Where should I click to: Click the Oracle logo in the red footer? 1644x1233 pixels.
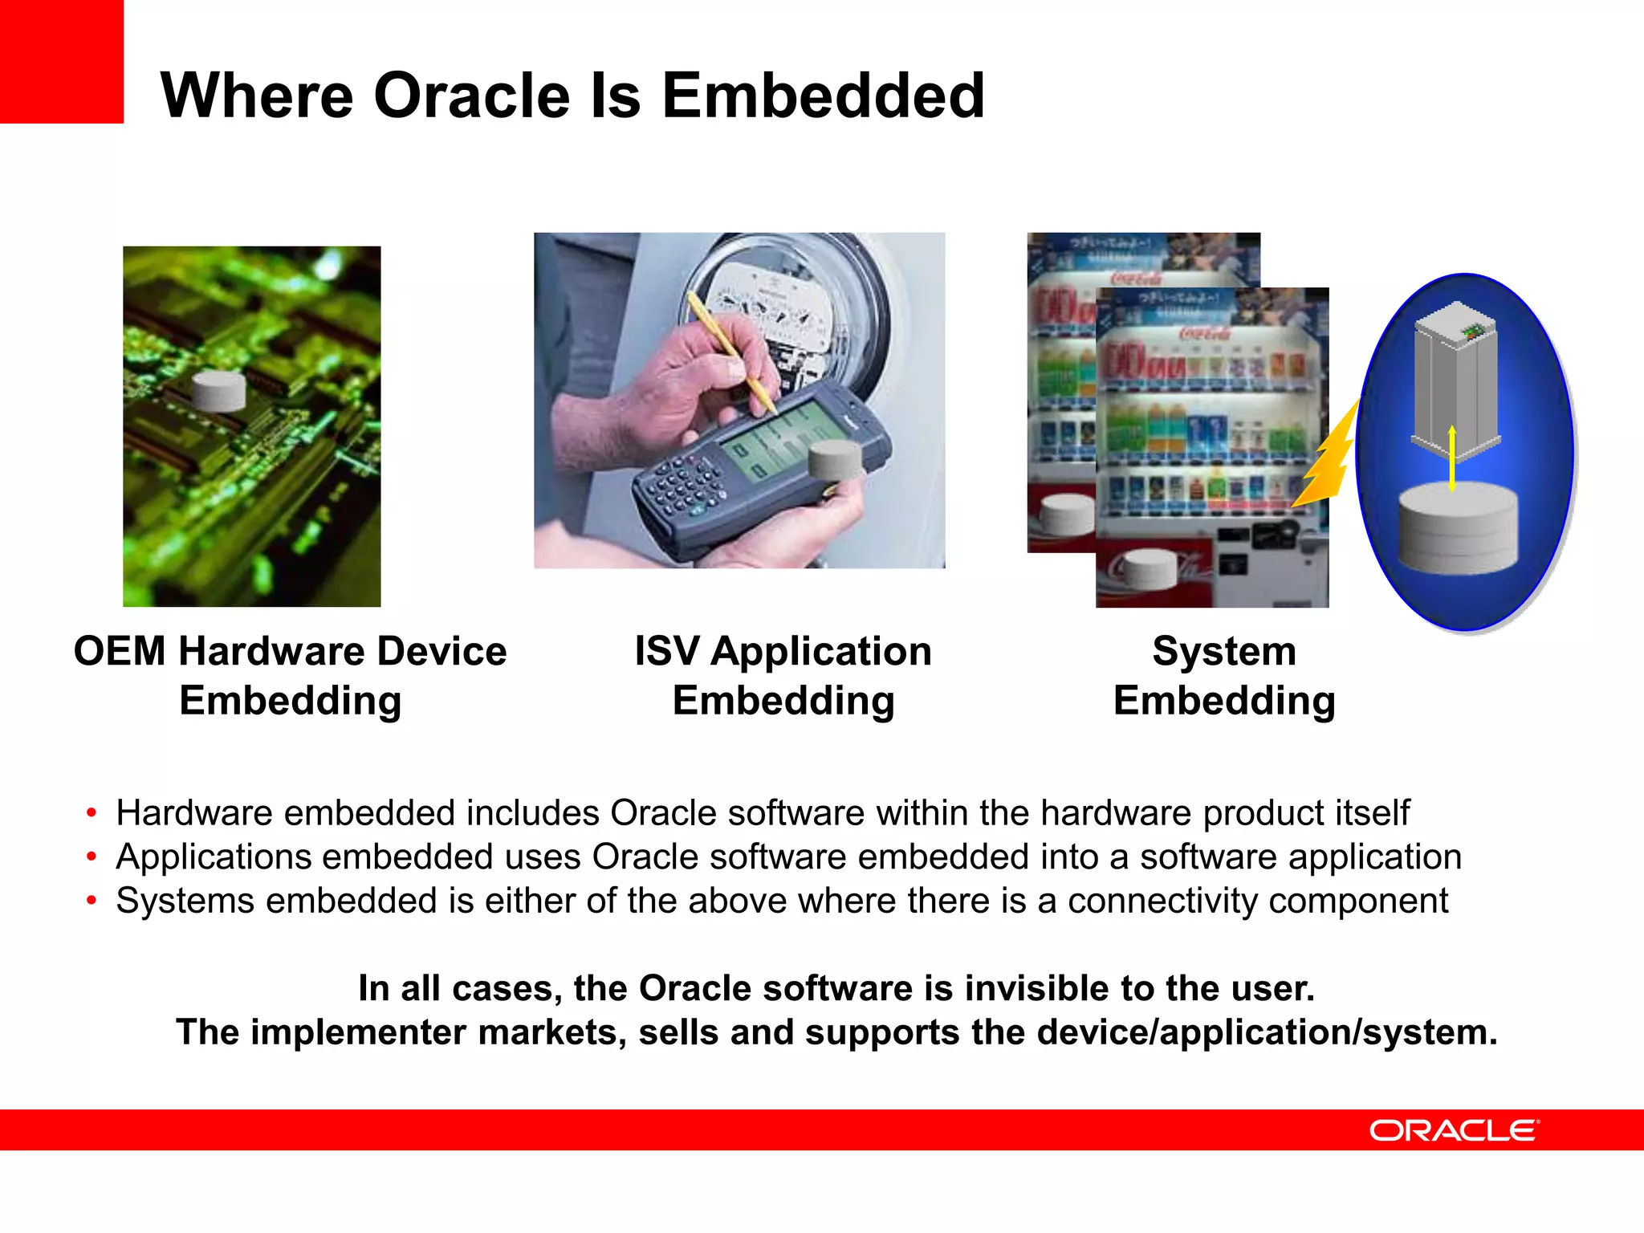tap(1454, 1130)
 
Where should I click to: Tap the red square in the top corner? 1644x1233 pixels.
tap(61, 61)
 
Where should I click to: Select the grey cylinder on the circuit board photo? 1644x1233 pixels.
tap(219, 391)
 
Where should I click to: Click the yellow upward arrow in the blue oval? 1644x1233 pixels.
tap(1452, 458)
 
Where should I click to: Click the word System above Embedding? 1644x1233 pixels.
tap(1223, 651)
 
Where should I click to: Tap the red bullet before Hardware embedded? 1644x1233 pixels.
tap(92, 813)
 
